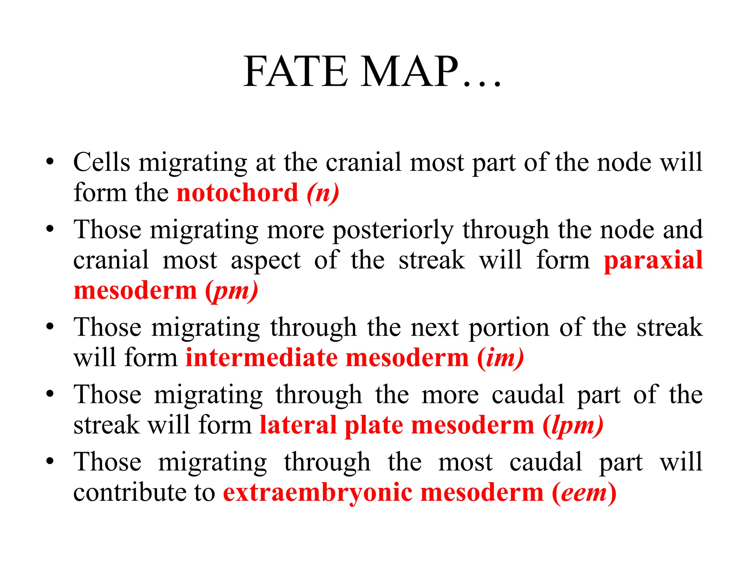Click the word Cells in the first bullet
click(x=102, y=162)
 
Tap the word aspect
click(x=266, y=261)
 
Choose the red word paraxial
click(x=653, y=260)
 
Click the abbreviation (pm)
click(x=232, y=291)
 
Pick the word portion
click(x=509, y=328)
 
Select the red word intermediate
click(x=262, y=358)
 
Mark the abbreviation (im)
click(x=500, y=358)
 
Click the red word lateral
click(x=298, y=425)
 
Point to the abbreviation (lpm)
click(x=573, y=426)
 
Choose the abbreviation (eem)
click(x=584, y=493)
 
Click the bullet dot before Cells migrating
click(x=50, y=161)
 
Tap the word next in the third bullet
click(x=435, y=328)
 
